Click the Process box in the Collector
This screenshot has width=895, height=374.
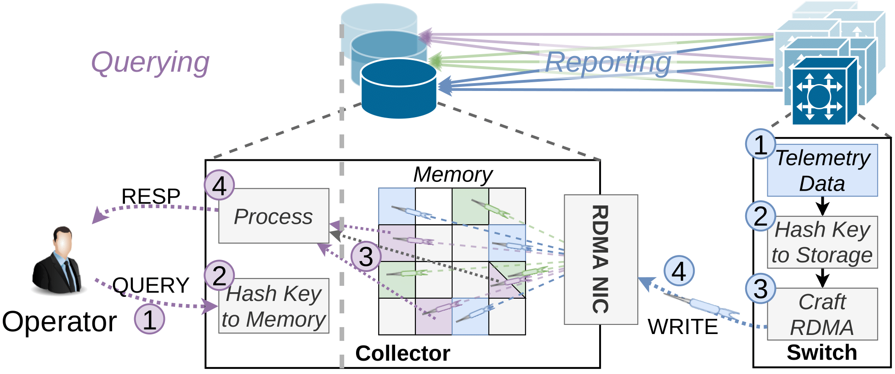[x=274, y=216]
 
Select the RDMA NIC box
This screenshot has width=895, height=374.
[x=600, y=260]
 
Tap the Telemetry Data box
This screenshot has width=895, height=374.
[x=822, y=170]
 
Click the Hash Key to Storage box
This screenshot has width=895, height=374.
[x=822, y=242]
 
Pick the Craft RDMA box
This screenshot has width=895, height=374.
[x=822, y=314]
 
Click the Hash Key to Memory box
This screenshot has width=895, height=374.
[x=274, y=306]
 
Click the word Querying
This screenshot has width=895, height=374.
[x=150, y=62]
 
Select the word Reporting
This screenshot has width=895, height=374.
[x=607, y=62]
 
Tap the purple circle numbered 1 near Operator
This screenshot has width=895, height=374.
[x=149, y=319]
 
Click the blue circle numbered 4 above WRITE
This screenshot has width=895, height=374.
[x=679, y=271]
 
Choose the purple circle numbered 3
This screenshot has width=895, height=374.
[x=366, y=256]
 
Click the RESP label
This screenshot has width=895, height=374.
[x=151, y=197]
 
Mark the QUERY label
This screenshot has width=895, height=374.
[x=151, y=285]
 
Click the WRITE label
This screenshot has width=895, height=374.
[x=683, y=327]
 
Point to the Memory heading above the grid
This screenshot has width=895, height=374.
[x=453, y=175]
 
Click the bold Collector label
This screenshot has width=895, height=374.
[x=402, y=353]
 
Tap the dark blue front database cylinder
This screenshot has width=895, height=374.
[x=398, y=90]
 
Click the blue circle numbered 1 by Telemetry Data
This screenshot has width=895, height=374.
[x=760, y=144]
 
